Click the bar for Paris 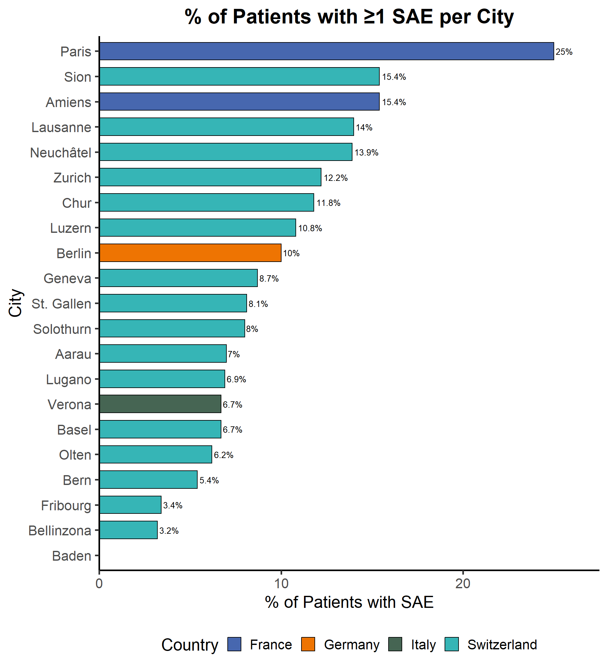coord(326,51)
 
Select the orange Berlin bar coord(190,253)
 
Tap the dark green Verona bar coord(160,404)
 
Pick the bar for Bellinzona coord(128,530)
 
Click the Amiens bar coord(239,102)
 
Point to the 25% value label coord(564,52)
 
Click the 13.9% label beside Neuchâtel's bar coord(366,153)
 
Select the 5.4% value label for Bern coord(209,480)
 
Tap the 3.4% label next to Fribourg coord(173,506)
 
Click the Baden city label coord(71,556)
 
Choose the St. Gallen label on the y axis coord(61,304)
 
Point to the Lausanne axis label coord(61,127)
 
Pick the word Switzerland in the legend coord(502,645)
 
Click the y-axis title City coord(15,303)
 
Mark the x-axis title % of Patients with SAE coord(349,602)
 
